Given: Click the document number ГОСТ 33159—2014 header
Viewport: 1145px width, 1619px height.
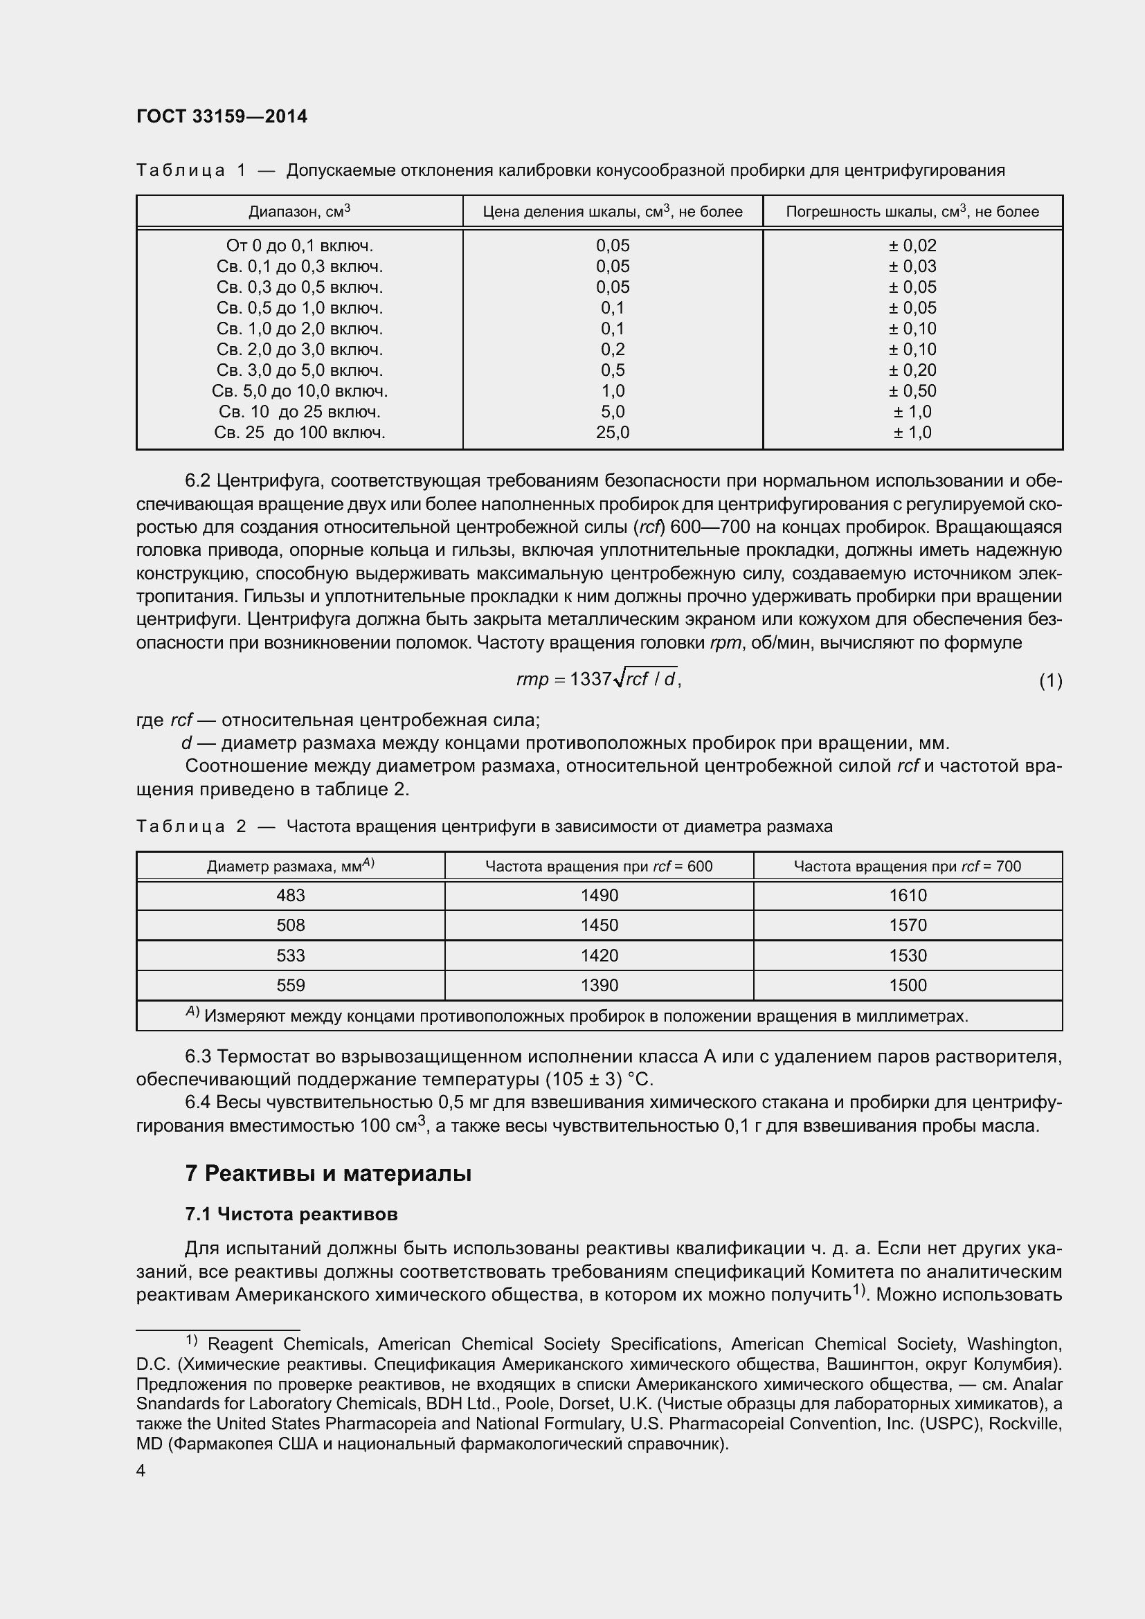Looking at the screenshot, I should [222, 117].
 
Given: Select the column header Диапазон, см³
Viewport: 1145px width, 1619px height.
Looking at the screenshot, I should [299, 212].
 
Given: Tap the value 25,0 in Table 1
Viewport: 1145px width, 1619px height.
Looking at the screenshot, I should [612, 433].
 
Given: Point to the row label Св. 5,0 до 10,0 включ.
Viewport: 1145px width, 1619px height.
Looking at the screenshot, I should [299, 391].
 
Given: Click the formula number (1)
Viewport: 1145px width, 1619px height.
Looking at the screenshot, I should [1050, 681].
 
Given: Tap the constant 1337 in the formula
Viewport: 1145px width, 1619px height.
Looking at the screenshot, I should [590, 679].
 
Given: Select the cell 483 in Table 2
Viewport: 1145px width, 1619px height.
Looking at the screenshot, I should [291, 896].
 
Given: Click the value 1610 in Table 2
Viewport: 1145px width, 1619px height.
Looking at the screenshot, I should [908, 896].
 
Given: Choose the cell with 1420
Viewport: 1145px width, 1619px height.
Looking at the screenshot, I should [599, 955].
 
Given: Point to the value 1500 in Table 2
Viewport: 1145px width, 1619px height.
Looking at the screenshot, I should [908, 986].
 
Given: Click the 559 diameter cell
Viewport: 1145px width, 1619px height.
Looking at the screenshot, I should [291, 986].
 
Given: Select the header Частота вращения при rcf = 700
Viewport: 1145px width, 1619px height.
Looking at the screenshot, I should [907, 866].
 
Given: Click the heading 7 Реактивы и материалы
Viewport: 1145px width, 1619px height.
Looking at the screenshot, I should [328, 1173].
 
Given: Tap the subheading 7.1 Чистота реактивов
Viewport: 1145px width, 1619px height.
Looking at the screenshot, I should [291, 1214].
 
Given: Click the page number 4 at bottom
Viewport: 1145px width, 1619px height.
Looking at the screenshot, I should [141, 1471].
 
